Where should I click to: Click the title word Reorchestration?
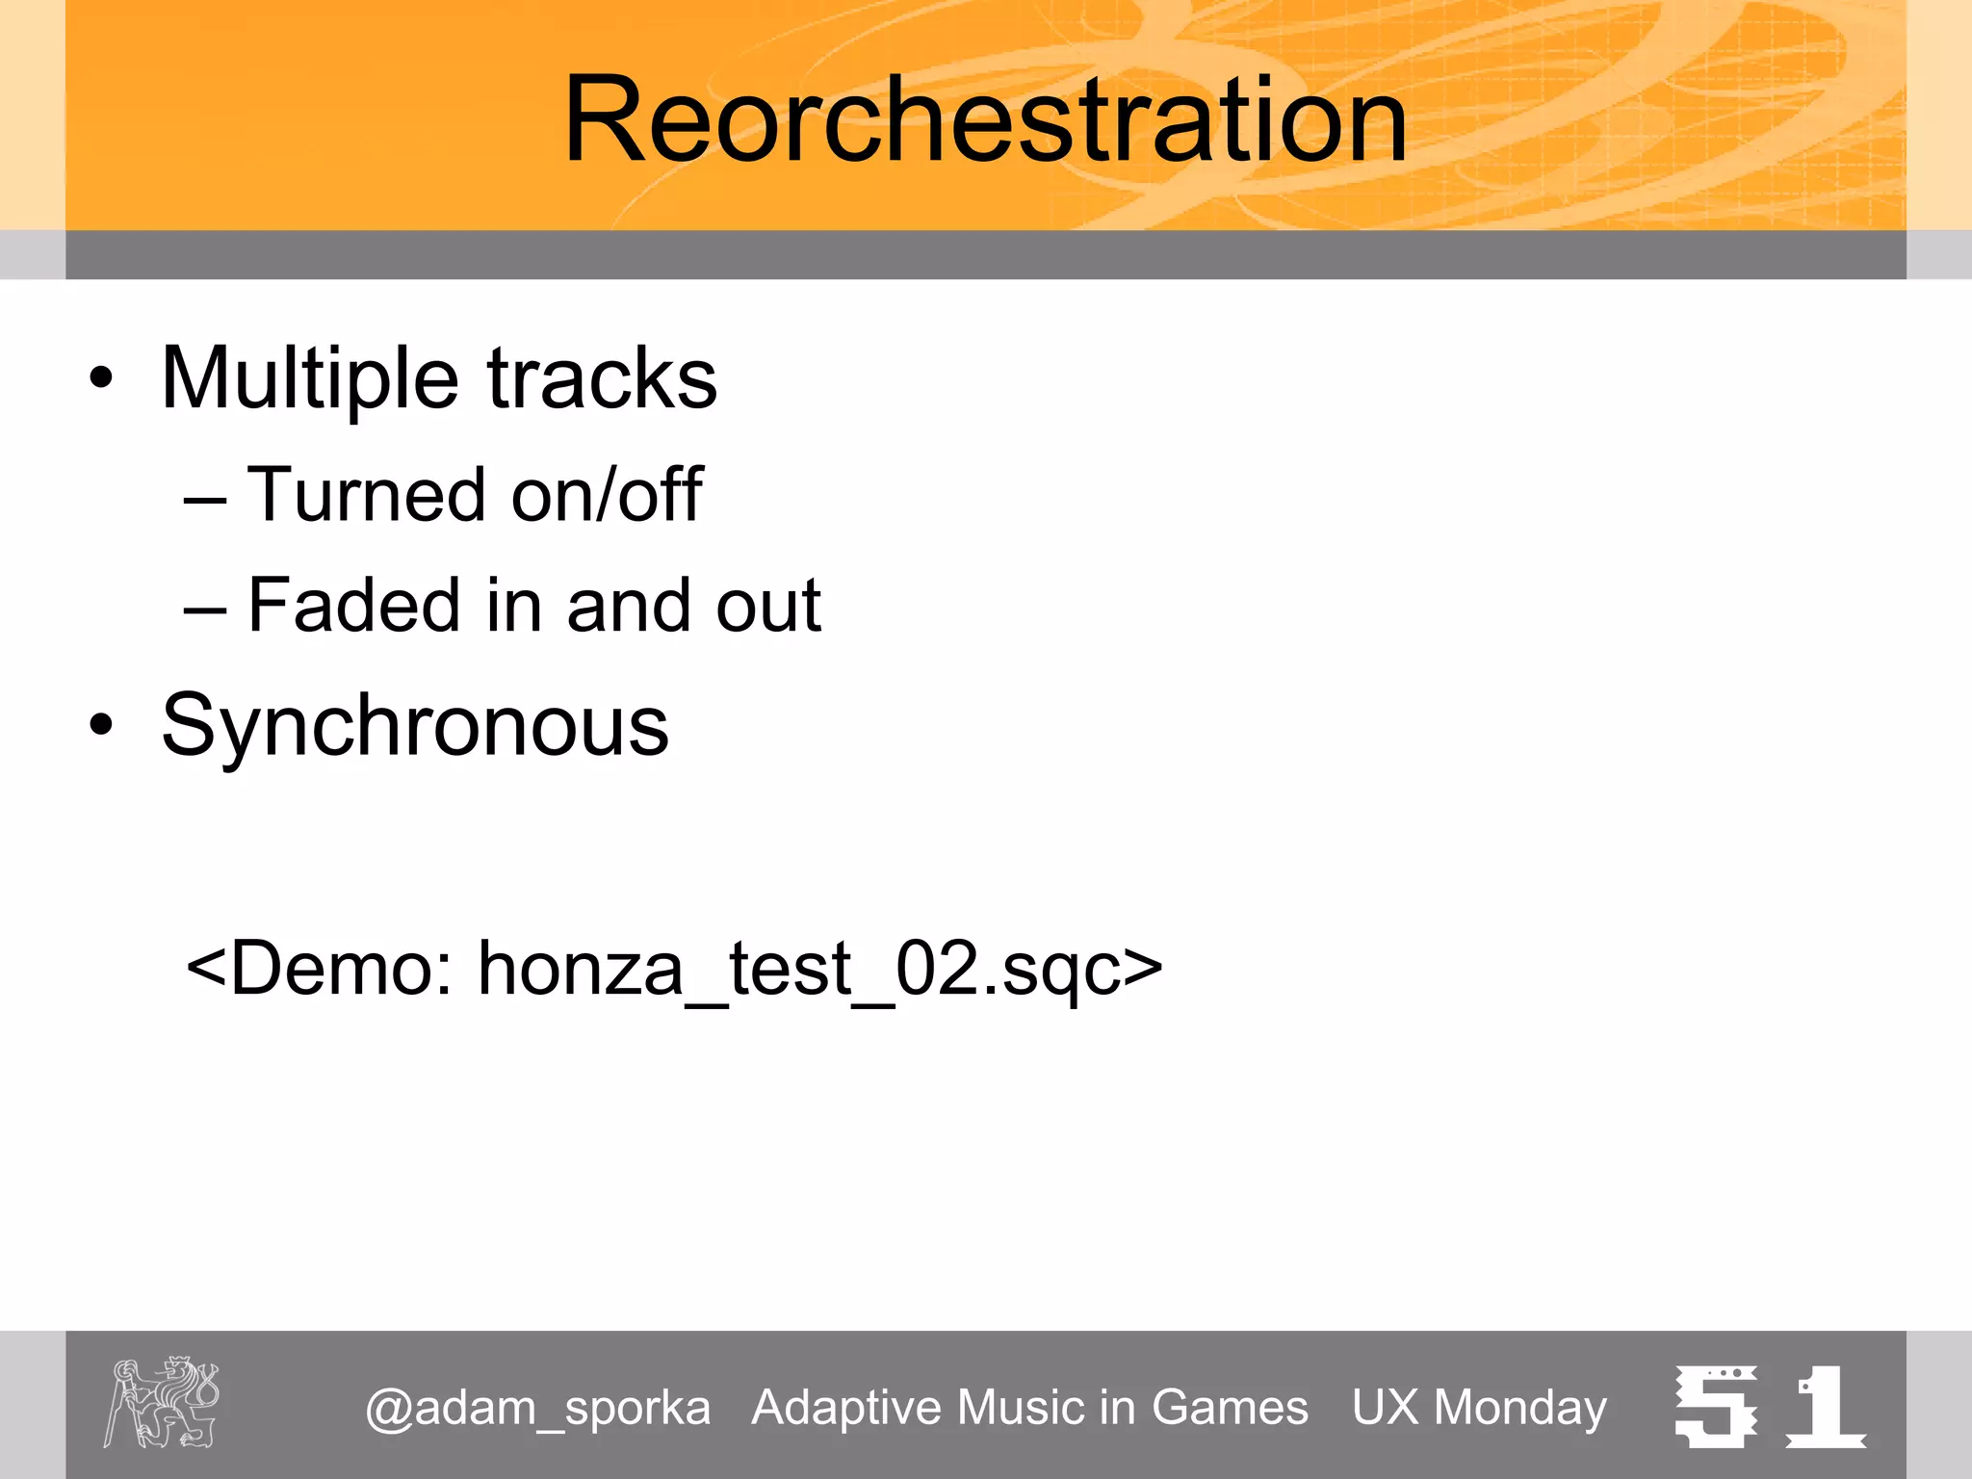pyautogui.click(x=985, y=120)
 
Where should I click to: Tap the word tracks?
pyautogui.click(x=602, y=377)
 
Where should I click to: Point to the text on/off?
pyautogui.click(x=607, y=495)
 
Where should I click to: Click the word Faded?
pyautogui.click(x=353, y=605)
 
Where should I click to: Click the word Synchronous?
pyautogui.click(x=415, y=725)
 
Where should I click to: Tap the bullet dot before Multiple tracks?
pyautogui.click(x=101, y=378)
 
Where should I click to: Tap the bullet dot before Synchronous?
pyautogui.click(x=101, y=725)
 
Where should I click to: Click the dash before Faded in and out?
pyautogui.click(x=205, y=610)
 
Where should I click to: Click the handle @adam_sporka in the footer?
pyautogui.click(x=537, y=1408)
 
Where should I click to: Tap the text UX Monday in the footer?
pyautogui.click(x=1479, y=1408)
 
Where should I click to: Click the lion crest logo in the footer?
pyautogui.click(x=162, y=1402)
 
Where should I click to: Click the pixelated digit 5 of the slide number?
pyautogui.click(x=1715, y=1407)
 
